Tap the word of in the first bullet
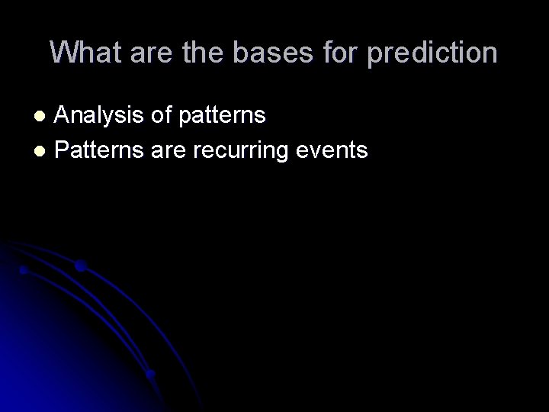(162, 116)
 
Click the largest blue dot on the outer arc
(80, 266)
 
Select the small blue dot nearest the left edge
(24, 270)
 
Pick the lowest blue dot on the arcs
(151, 374)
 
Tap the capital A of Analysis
(64, 116)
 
